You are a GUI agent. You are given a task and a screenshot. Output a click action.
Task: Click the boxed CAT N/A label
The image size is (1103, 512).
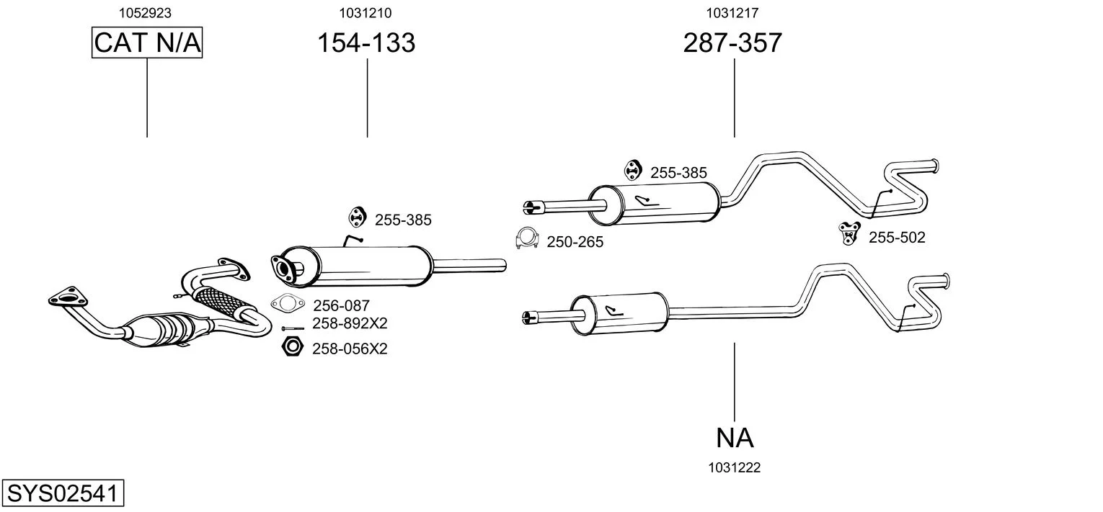[x=147, y=43]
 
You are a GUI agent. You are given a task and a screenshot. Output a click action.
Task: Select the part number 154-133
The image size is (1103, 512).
[x=366, y=43]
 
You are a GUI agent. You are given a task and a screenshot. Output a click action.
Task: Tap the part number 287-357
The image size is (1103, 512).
[x=732, y=43]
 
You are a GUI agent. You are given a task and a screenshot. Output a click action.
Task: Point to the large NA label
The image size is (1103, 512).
[x=735, y=437]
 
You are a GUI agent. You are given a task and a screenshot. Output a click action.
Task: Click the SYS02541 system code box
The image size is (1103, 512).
[x=62, y=494]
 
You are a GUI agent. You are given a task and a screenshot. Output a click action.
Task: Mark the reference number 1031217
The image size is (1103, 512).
[x=732, y=12]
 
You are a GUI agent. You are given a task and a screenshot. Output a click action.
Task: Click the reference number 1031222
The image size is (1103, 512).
[x=735, y=467]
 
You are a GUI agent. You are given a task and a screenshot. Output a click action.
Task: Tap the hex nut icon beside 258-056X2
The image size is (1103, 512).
[x=292, y=348]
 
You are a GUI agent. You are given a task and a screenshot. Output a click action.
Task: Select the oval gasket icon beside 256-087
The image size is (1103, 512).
[x=287, y=305]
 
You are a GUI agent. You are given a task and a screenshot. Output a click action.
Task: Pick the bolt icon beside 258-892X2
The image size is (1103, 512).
[x=291, y=328]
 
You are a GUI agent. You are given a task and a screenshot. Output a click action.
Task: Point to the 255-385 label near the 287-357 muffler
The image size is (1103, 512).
[x=678, y=173]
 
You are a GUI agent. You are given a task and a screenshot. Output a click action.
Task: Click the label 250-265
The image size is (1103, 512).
[x=575, y=243]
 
